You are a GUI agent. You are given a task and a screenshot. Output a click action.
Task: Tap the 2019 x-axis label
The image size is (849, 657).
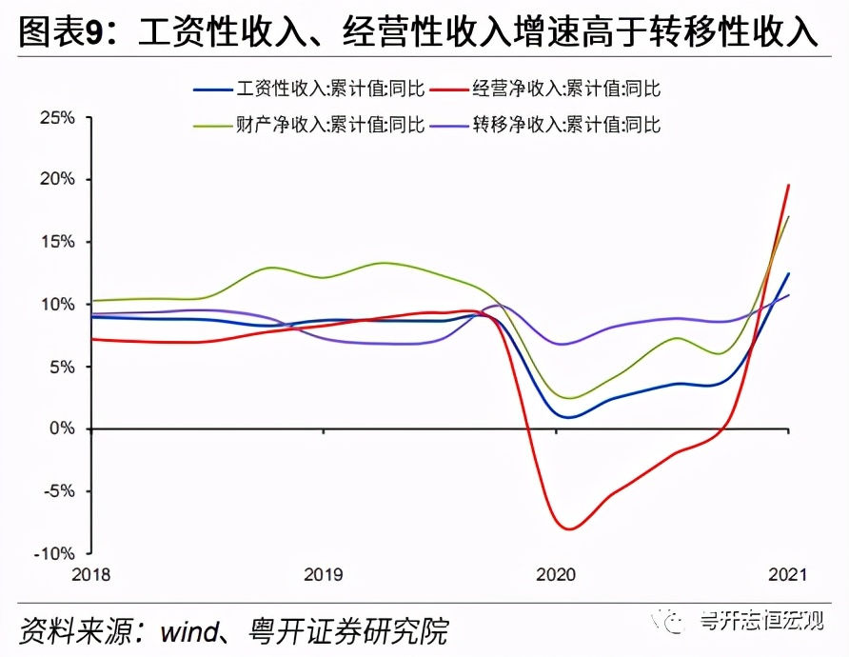click(x=323, y=575)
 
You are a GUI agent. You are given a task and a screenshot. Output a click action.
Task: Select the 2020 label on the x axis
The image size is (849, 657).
click(x=556, y=575)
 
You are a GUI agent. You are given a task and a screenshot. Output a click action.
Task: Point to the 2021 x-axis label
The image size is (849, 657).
click(x=788, y=575)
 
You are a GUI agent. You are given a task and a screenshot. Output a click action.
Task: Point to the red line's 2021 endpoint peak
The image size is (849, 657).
click(x=789, y=185)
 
